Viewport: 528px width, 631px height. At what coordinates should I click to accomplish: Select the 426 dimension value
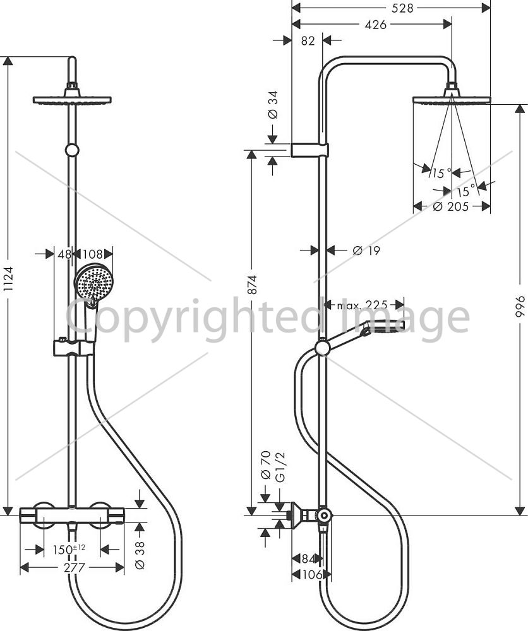point(375,25)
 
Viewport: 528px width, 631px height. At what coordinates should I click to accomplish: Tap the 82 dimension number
point(308,40)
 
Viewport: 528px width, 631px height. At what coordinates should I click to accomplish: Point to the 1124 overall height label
point(9,278)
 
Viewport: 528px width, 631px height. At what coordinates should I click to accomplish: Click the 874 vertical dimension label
point(252,285)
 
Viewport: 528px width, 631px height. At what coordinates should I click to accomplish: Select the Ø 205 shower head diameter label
point(451,207)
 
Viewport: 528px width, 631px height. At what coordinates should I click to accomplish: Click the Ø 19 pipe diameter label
point(366,251)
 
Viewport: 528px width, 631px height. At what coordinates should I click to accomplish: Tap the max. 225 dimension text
point(362,305)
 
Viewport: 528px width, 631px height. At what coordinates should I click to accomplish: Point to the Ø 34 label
point(273,105)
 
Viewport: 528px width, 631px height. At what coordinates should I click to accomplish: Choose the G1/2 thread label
point(280,467)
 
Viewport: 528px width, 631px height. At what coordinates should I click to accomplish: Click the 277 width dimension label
point(75,567)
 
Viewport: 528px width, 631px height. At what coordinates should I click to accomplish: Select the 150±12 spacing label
point(69,549)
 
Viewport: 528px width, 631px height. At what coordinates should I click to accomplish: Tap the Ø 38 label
point(140,555)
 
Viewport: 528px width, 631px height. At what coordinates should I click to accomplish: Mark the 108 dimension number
point(92,254)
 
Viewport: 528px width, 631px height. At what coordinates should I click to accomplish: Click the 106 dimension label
point(312,575)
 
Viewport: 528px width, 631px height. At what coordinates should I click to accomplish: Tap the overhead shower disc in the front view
point(72,100)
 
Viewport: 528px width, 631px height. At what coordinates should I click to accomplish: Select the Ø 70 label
point(266,465)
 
